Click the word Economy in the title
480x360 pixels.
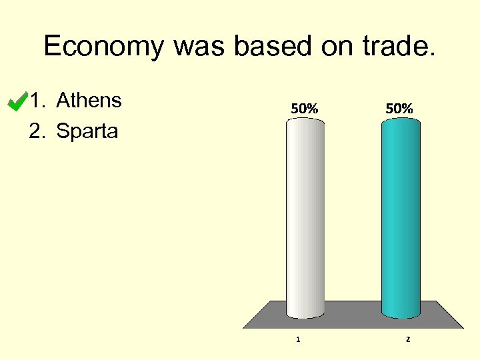pyautogui.click(x=104, y=47)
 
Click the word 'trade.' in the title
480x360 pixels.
pyautogui.click(x=401, y=47)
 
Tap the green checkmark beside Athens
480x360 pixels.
pyautogui.click(x=15, y=101)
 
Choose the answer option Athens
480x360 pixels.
pyautogui.click(x=89, y=101)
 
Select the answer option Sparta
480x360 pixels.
pyautogui.click(x=87, y=131)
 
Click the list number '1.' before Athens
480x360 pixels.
pyautogui.click(x=39, y=101)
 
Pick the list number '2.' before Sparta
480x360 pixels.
pyautogui.click(x=39, y=131)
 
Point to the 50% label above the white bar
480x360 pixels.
pyautogui.click(x=304, y=107)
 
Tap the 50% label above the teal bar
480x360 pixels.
pyautogui.click(x=399, y=107)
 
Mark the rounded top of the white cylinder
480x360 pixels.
pyautogui.click(x=305, y=121)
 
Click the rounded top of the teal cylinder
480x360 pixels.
pyautogui.click(x=401, y=121)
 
